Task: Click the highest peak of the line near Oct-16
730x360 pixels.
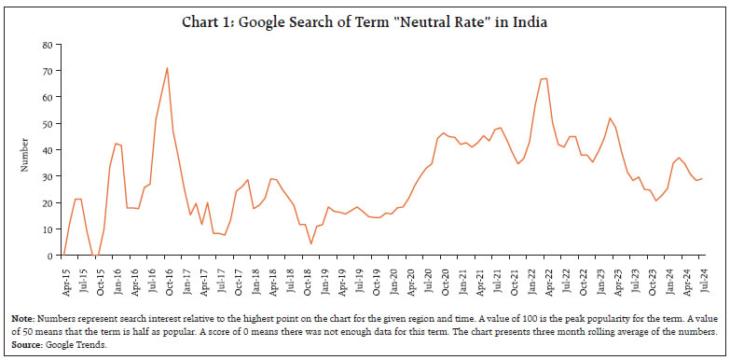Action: coord(167,67)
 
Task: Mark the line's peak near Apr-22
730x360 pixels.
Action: coord(545,78)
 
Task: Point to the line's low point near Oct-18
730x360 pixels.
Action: coord(310,244)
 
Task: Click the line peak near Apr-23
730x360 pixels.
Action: coord(610,118)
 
